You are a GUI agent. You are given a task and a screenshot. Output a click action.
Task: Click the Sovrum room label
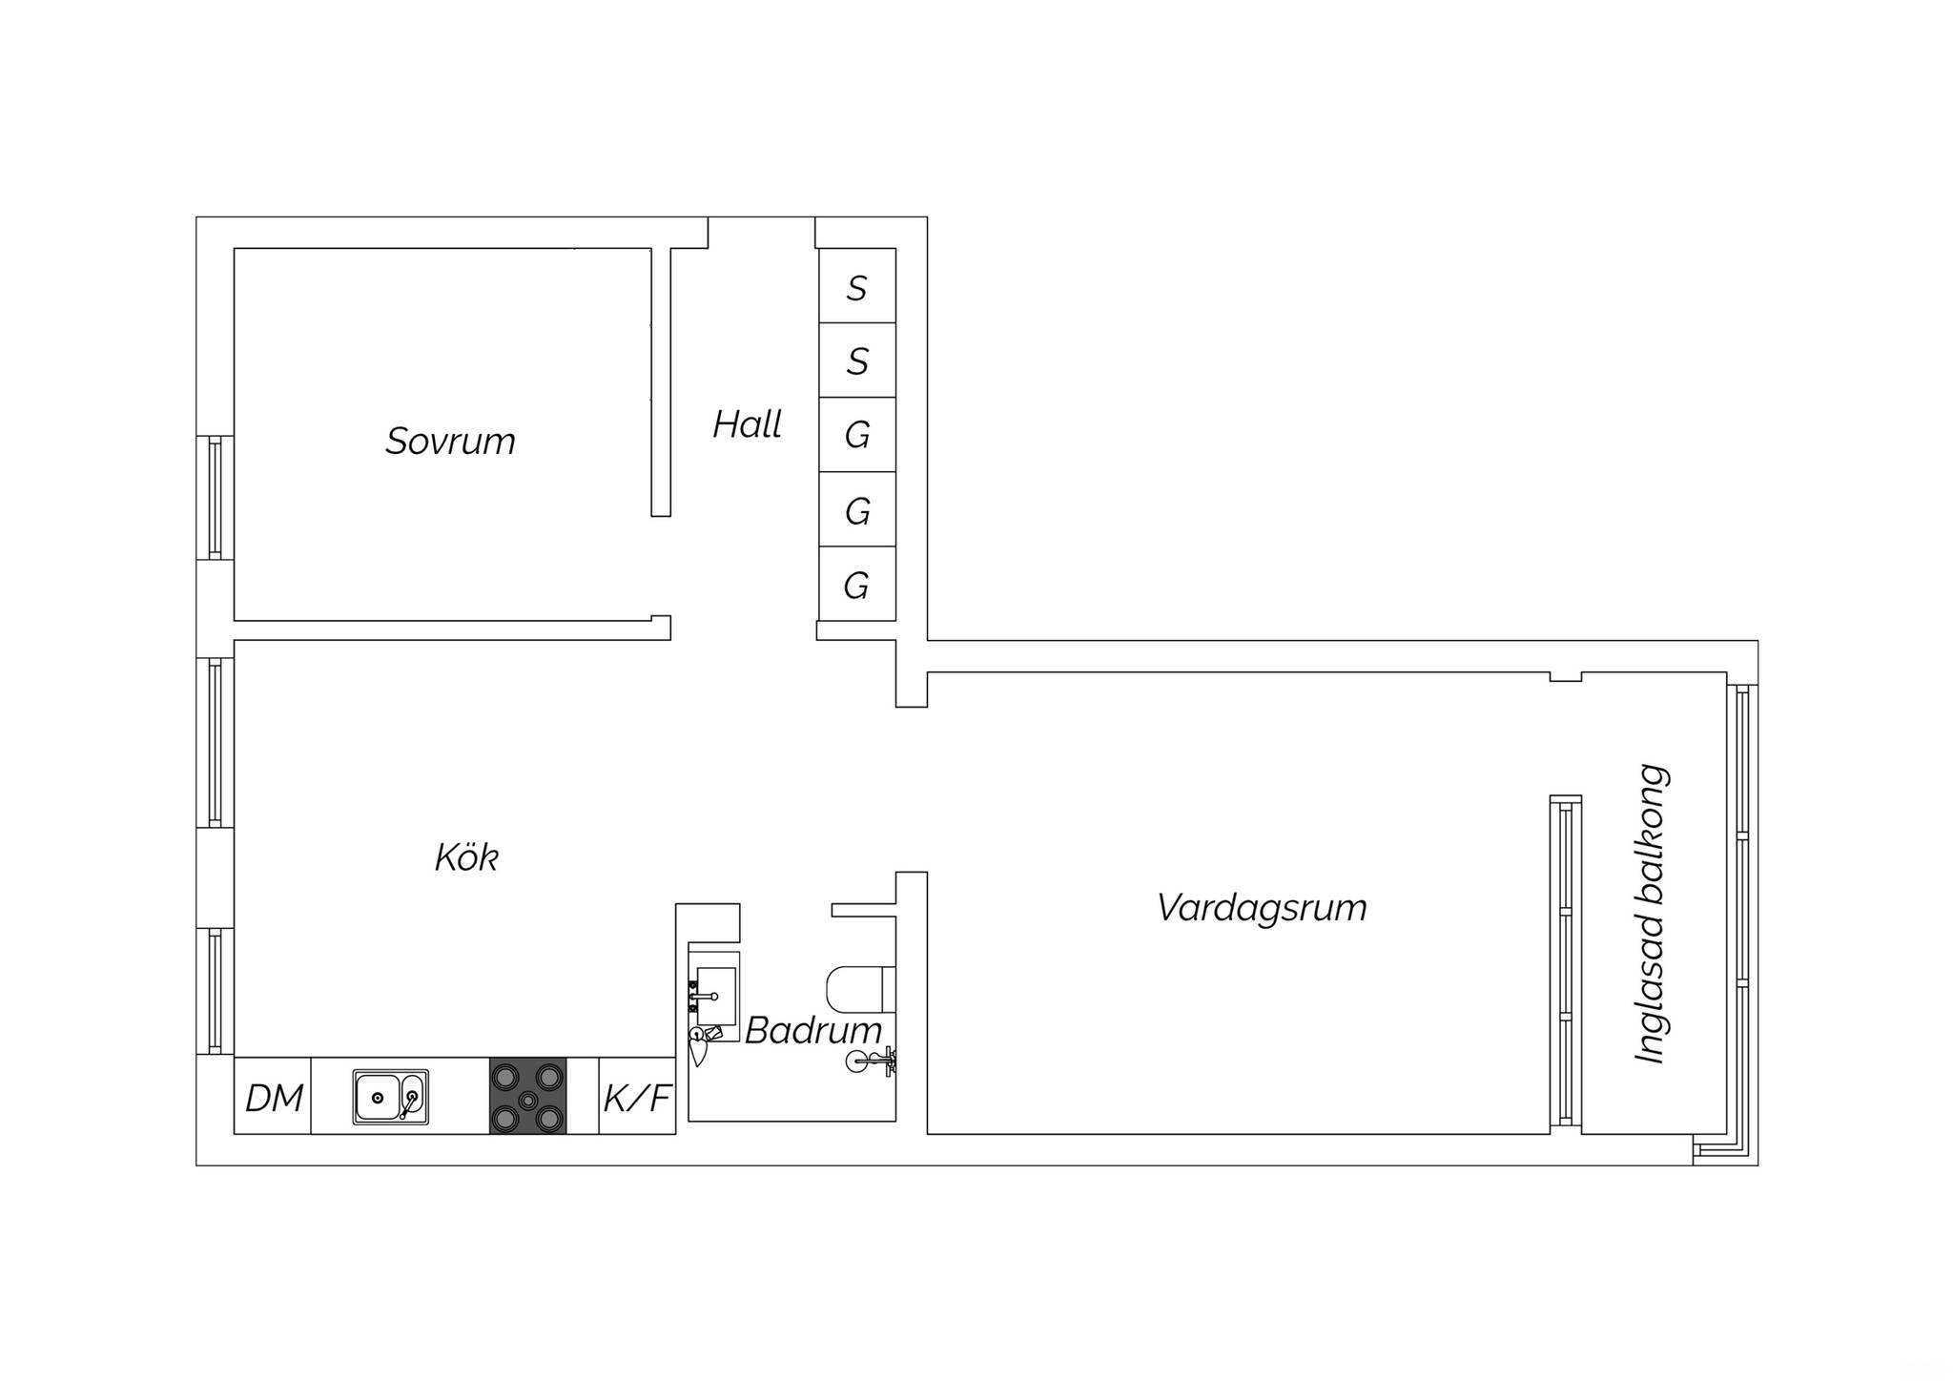450,442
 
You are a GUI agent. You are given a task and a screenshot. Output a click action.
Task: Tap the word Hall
747,424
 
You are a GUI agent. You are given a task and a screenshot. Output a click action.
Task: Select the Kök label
466,857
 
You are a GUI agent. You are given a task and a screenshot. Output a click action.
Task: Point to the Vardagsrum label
1262,908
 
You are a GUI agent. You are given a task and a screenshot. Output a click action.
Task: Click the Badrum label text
813,1030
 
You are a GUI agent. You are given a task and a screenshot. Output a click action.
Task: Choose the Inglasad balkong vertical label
1650,914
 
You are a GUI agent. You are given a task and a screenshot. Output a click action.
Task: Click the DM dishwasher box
273,1096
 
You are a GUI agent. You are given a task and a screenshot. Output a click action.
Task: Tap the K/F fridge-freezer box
637,1096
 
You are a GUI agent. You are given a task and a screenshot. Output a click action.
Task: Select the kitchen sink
391,1097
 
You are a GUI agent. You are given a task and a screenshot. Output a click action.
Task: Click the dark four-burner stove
527,1096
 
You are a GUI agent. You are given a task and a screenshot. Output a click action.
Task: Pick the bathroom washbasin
715,996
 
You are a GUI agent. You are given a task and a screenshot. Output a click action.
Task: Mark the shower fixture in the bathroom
872,1060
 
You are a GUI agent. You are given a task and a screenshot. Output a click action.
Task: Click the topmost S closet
857,286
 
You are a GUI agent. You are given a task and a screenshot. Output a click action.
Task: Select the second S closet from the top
857,361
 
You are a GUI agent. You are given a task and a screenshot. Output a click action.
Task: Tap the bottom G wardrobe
857,584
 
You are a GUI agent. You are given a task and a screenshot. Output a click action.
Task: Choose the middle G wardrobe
857,509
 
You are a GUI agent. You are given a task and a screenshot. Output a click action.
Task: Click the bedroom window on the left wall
216,497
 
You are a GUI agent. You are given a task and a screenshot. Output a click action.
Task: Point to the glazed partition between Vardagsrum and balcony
1566,960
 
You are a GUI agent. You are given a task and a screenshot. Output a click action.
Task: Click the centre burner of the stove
527,1100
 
